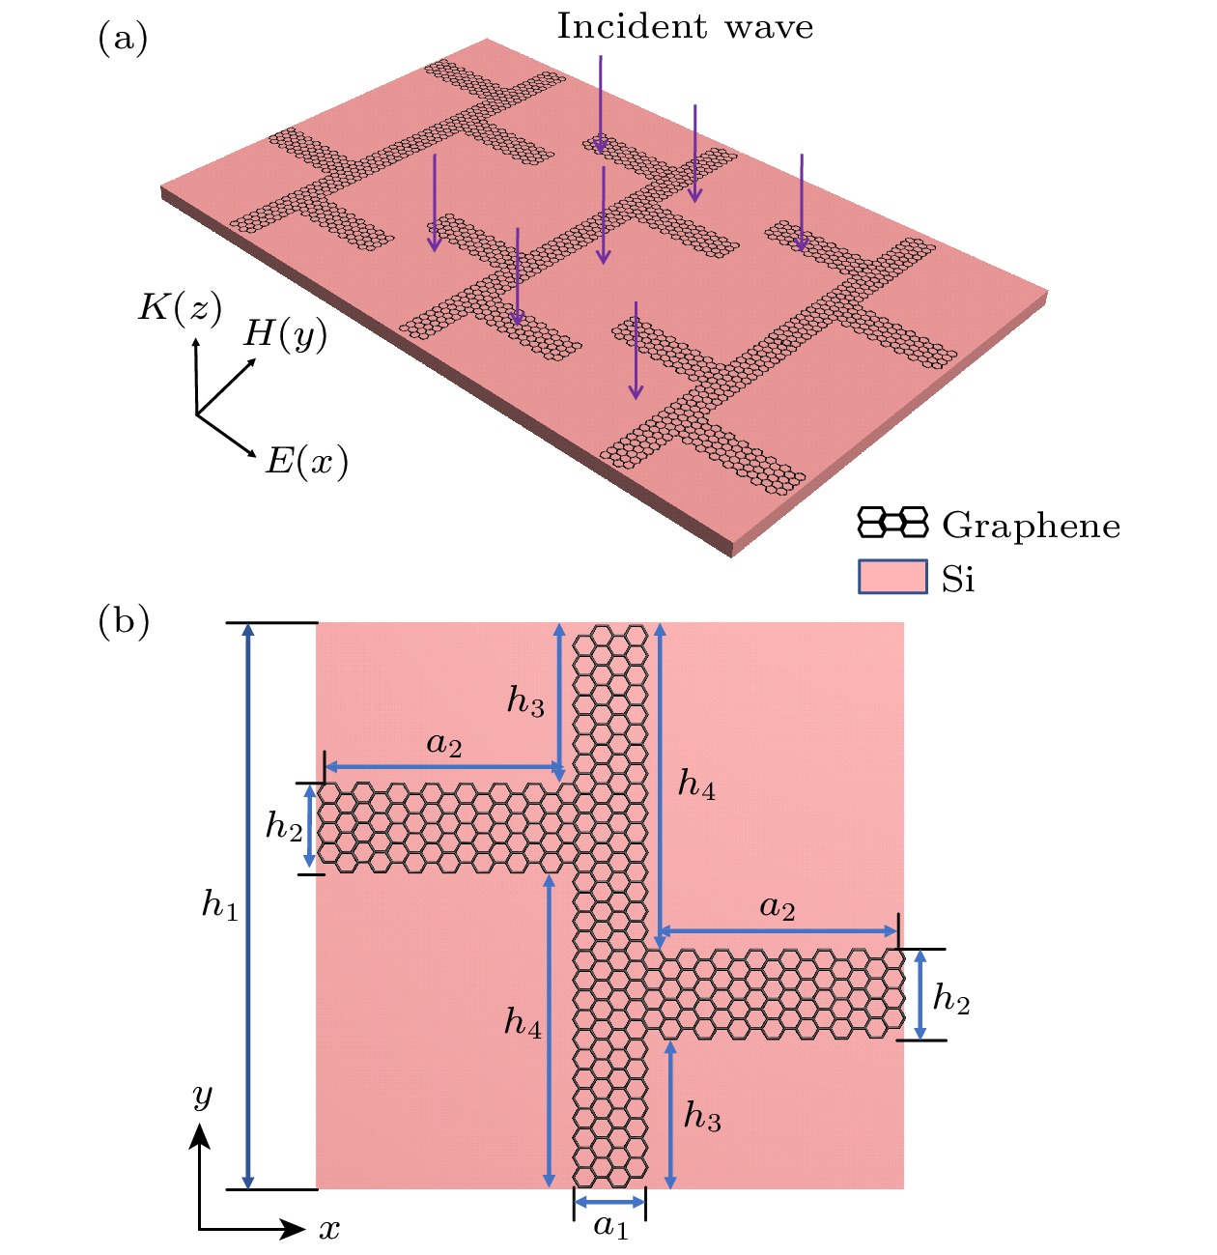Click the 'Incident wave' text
coord(685,27)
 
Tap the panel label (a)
coord(123,39)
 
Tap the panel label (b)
coord(124,621)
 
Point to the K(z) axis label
coord(180,308)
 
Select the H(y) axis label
coord(285,334)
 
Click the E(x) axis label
coord(306,463)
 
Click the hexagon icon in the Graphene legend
coord(892,523)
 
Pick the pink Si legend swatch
coord(892,577)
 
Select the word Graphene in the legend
coord(1031,526)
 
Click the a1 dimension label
coord(610,1227)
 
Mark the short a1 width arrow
coord(609,1202)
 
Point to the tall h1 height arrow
coord(249,905)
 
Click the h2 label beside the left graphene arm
coord(284,826)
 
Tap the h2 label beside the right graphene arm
coord(951,998)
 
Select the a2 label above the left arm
coord(444,744)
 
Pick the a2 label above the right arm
coord(778,907)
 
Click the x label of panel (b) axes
coord(330,1230)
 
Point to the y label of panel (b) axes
coord(202,1096)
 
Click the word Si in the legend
coord(958,579)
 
